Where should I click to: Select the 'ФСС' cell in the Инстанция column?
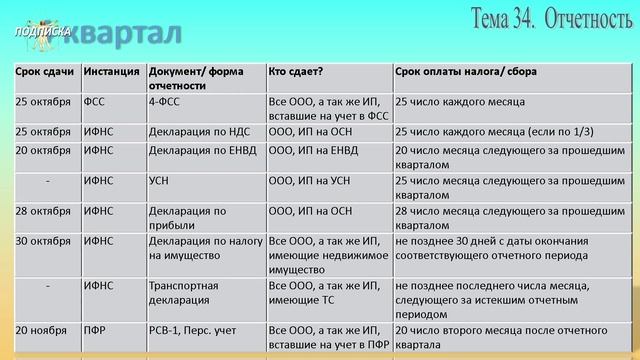coord(95,102)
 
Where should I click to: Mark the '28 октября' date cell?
coord(43,211)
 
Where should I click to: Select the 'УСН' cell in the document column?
coord(160,181)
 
